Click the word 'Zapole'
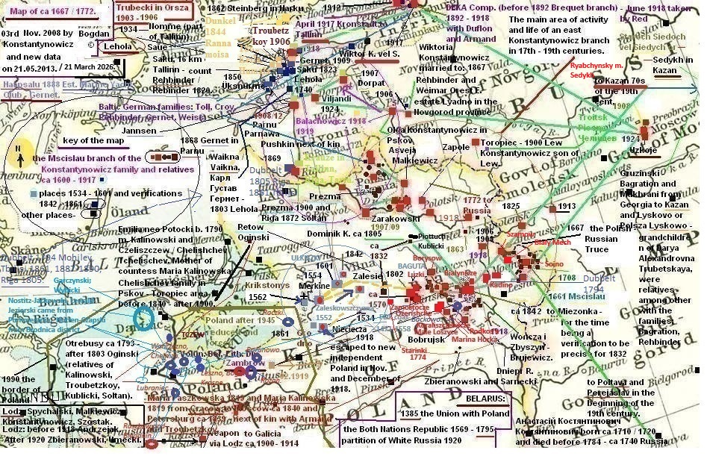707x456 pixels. click(x=455, y=147)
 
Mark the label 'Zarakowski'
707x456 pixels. click(x=393, y=218)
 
